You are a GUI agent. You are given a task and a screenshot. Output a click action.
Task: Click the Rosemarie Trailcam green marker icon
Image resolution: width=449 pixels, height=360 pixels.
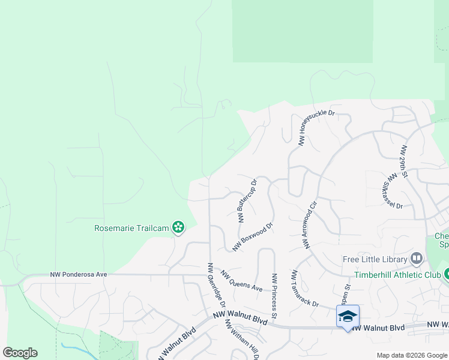click(x=178, y=227)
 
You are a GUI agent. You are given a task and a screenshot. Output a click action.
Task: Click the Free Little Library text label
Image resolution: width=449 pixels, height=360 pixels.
click(x=375, y=260)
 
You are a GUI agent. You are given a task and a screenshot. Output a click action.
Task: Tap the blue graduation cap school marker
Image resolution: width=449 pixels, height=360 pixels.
click(x=348, y=316)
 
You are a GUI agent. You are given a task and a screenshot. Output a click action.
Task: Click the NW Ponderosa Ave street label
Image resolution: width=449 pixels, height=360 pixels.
click(x=79, y=274)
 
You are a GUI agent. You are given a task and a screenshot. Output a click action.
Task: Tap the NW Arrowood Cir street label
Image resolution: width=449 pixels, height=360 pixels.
click(x=310, y=224)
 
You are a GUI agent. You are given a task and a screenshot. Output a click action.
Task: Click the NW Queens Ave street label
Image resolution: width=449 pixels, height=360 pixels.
click(x=241, y=281)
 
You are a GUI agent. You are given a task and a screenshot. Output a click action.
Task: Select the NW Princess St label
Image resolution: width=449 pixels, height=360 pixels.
click(x=274, y=296)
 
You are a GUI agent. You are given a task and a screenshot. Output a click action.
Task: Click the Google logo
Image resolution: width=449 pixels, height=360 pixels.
click(x=20, y=353)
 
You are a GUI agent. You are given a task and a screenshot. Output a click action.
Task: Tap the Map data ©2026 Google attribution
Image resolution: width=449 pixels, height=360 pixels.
click(x=412, y=355)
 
